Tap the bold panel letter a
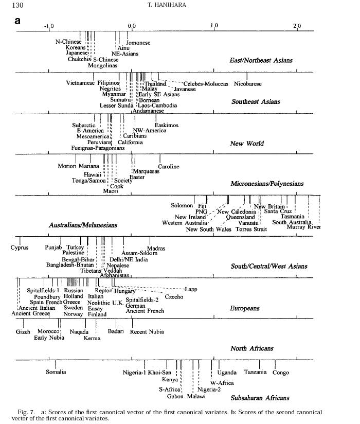coord(17,21)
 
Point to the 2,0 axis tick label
coord(297,25)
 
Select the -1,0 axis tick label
coord(49,25)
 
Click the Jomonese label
coord(138,43)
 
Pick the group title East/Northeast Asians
coord(261,60)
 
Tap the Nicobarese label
coord(247,83)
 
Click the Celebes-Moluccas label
coord(205,83)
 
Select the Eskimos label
coord(167,125)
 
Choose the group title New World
coord(247,144)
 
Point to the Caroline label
coord(169,166)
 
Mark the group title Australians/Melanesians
coord(83,225)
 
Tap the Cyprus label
coord(20,248)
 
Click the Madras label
coord(156,249)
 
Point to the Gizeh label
coord(23,331)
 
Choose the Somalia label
coord(56,372)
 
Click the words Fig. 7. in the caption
coord(27,412)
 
